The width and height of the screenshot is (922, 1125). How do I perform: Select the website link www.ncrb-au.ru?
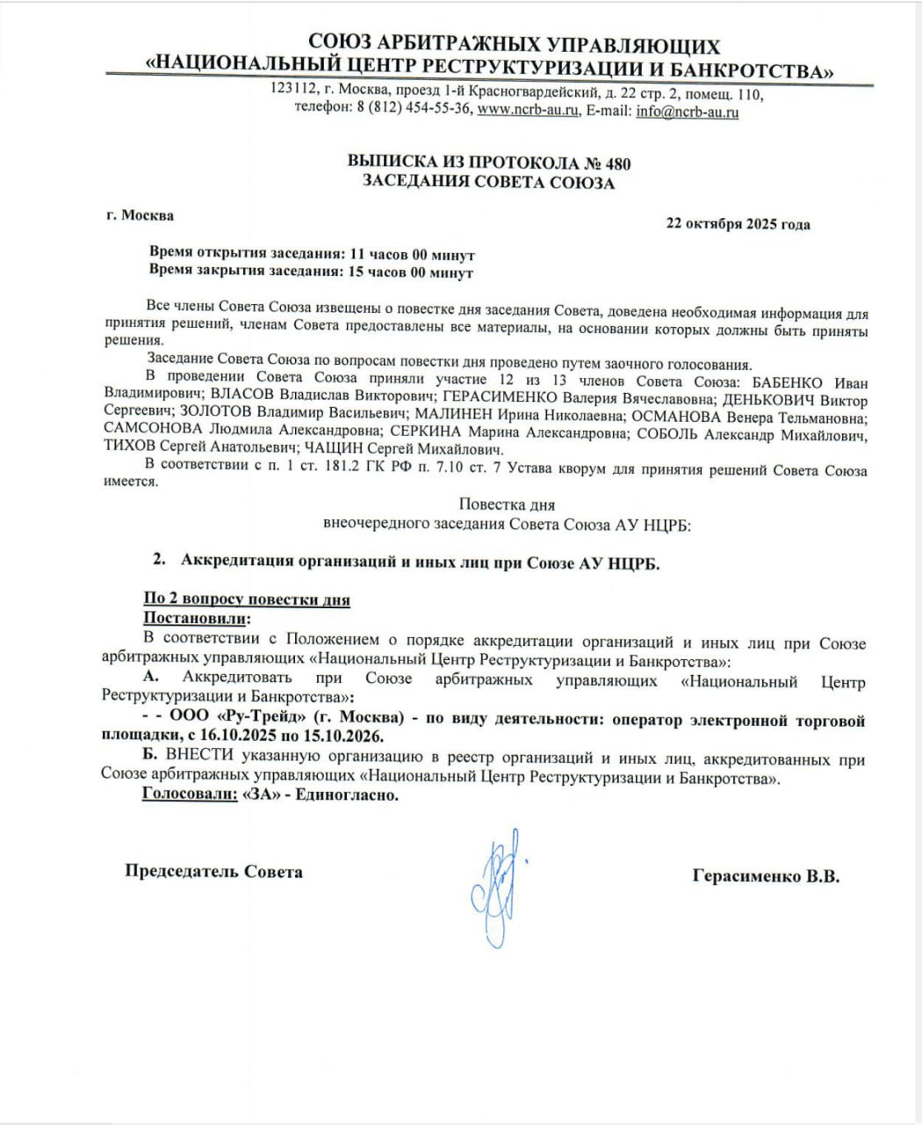(x=529, y=112)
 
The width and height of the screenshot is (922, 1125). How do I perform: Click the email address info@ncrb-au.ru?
(x=687, y=112)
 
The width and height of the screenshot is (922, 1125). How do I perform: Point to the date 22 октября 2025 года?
(x=738, y=224)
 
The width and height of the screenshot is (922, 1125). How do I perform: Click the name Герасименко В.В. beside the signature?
(x=766, y=876)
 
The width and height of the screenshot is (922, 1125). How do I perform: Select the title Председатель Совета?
(x=213, y=872)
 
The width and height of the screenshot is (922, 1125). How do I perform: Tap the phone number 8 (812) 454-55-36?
(x=414, y=112)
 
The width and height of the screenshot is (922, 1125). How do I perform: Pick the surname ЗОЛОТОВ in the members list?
(x=220, y=412)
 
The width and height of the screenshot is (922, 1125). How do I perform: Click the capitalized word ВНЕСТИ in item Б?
(x=197, y=760)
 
